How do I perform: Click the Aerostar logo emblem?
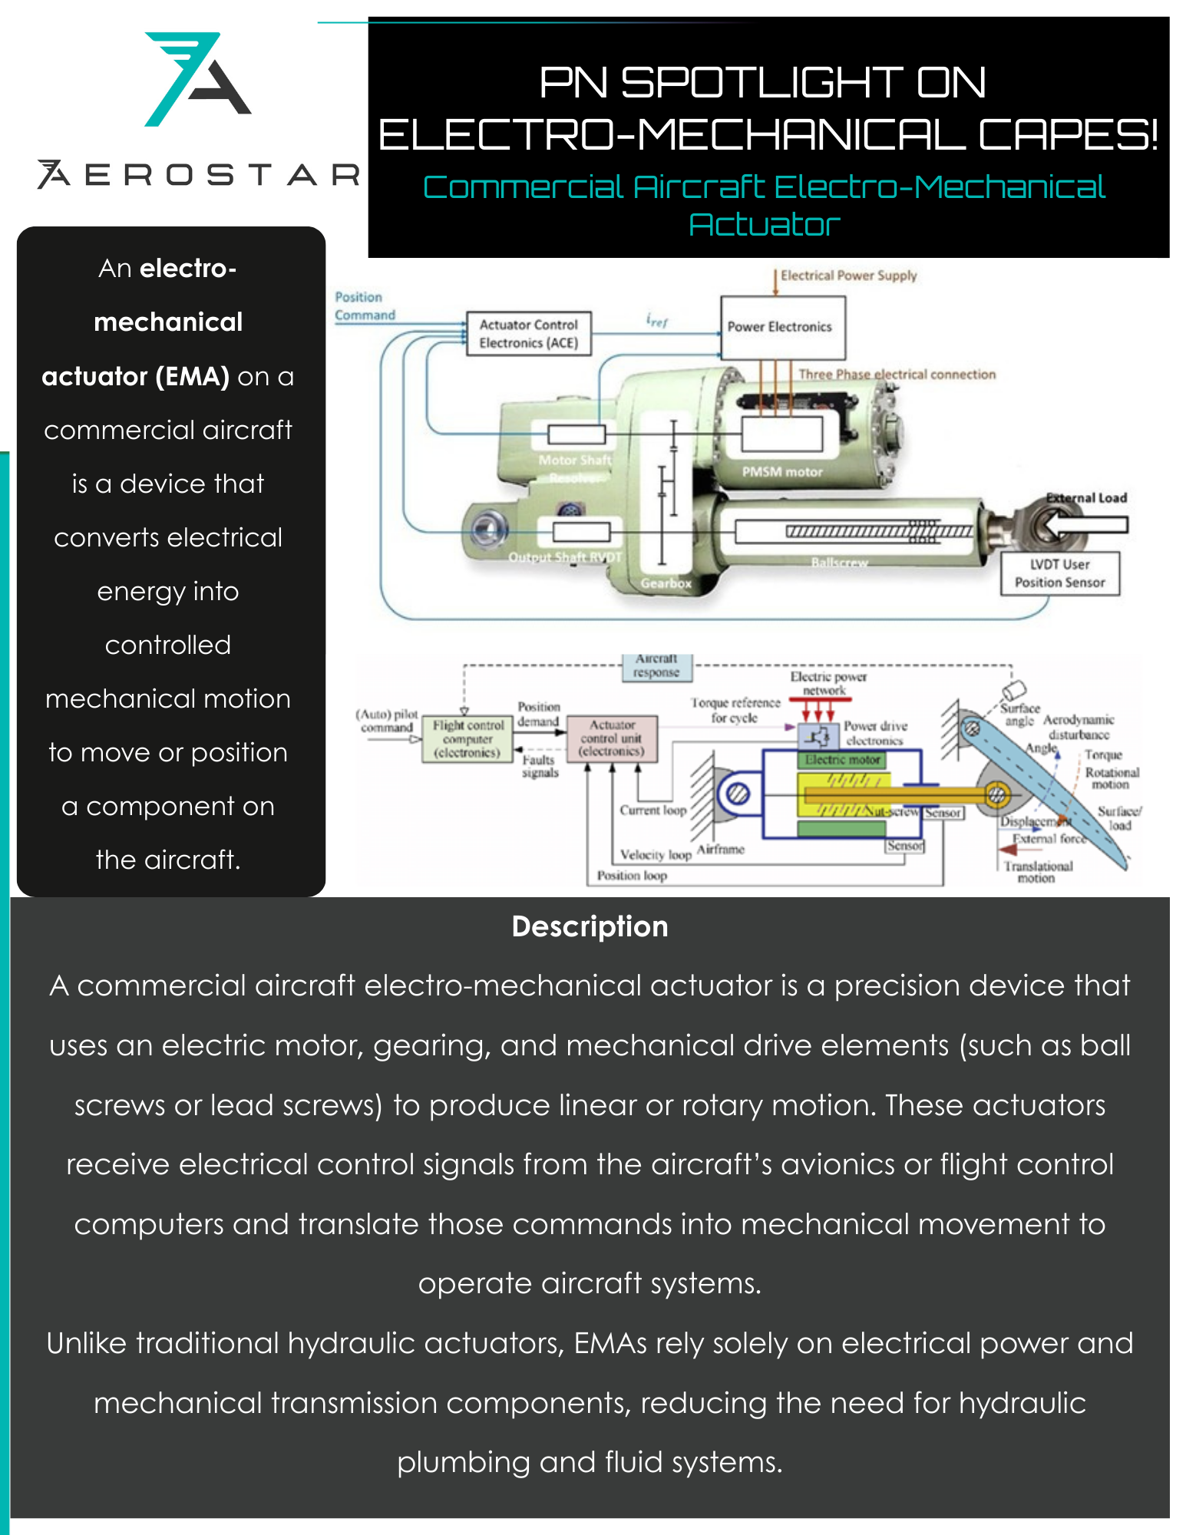(197, 78)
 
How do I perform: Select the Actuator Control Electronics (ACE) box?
(529, 334)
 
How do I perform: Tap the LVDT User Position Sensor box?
(1059, 573)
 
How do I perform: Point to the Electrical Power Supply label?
(848, 276)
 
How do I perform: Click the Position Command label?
(365, 306)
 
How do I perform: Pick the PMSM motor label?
(781, 472)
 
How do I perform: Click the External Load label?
(1087, 497)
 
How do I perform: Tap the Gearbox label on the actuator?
(666, 583)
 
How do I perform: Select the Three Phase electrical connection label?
(897, 375)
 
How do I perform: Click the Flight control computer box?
(467, 738)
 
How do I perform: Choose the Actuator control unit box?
(612, 738)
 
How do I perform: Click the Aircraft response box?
(656, 666)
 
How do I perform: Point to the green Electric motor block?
(842, 760)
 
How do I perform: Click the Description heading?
(590, 926)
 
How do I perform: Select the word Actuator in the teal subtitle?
(765, 225)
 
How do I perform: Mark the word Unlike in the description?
(85, 1344)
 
